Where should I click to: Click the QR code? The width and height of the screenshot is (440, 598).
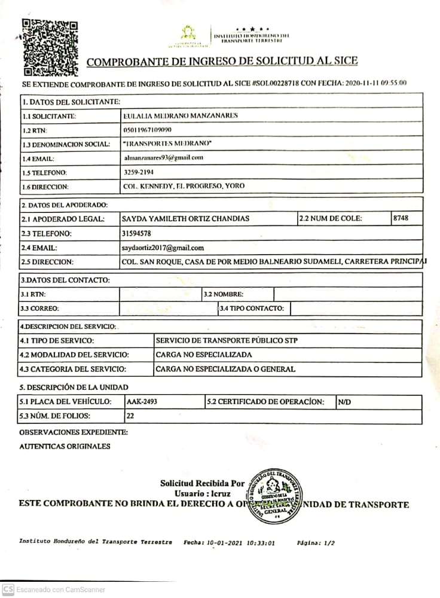click(x=50, y=48)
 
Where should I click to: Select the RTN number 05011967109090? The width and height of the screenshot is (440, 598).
click(x=146, y=130)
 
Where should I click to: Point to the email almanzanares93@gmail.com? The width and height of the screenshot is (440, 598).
click(x=163, y=158)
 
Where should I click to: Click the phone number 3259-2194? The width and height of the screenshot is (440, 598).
click(x=138, y=172)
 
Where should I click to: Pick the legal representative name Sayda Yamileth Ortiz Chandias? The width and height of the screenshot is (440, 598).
click(x=185, y=218)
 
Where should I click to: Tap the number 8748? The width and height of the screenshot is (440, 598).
click(x=401, y=218)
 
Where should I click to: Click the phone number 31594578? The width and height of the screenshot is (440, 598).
click(x=136, y=233)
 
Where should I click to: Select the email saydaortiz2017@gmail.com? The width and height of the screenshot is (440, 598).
click(x=163, y=248)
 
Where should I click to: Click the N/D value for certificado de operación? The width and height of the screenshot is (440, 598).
click(x=344, y=402)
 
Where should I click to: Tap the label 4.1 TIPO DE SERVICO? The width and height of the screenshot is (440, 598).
click(x=57, y=341)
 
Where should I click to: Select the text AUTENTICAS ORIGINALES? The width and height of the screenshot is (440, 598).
click(x=65, y=446)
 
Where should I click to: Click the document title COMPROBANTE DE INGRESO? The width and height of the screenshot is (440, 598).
click(x=222, y=62)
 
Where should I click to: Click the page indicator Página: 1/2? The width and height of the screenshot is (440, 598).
click(x=316, y=543)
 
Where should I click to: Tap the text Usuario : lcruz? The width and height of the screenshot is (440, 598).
click(x=203, y=493)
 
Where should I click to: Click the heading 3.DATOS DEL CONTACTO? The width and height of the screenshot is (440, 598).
click(x=65, y=280)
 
